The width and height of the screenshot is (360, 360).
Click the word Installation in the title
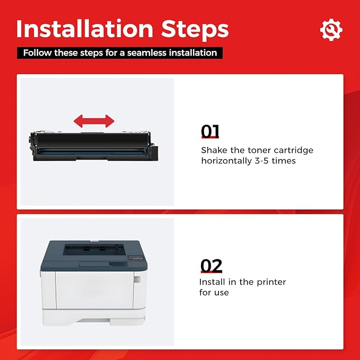[x=85, y=29]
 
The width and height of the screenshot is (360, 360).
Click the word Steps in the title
[x=195, y=30]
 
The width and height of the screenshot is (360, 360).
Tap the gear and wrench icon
[x=331, y=30]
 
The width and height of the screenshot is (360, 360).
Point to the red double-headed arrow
[x=94, y=121]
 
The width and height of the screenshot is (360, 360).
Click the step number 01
[x=210, y=131]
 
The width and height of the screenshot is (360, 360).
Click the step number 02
[x=211, y=266]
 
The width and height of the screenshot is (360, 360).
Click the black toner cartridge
[x=93, y=146]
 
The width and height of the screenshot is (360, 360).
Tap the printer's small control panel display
[x=135, y=258]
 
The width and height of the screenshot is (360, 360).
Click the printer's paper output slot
[x=94, y=250]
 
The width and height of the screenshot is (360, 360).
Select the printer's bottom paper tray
[x=94, y=317]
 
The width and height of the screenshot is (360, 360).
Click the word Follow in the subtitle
[x=38, y=53]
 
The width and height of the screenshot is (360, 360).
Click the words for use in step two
[x=214, y=293]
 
